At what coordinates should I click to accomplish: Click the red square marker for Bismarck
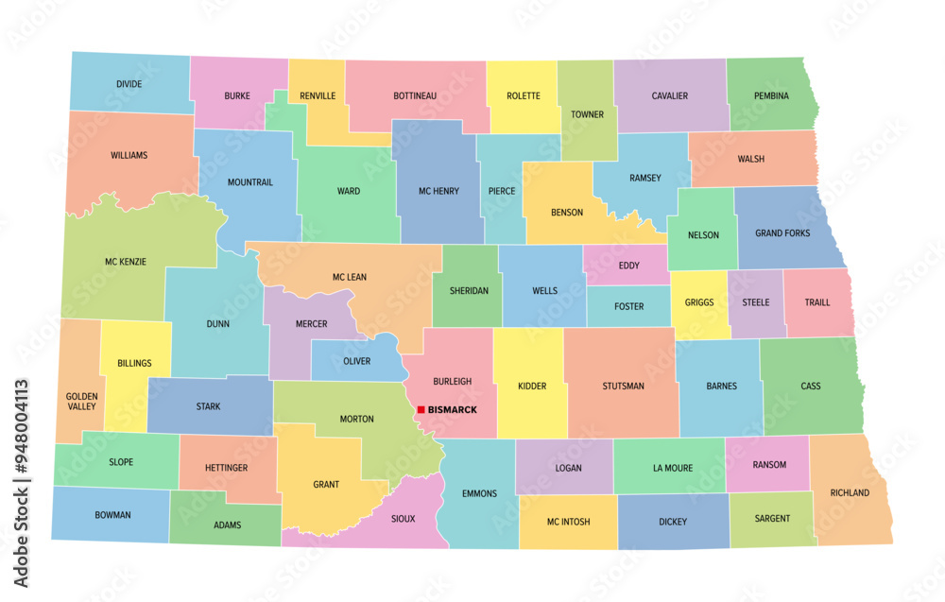pos(421,410)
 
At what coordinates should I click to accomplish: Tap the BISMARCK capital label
pos(452,410)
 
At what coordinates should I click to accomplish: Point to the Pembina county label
pos(772,95)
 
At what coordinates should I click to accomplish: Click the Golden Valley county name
pos(80,401)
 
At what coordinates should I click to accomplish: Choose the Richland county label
pos(850,492)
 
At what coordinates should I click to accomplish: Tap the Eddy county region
pos(628,266)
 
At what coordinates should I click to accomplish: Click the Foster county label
pos(628,306)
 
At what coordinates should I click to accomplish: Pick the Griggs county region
pos(698,302)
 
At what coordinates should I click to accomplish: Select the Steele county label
pos(755,302)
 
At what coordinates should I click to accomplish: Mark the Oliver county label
pos(356,361)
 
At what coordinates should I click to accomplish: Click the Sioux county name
pos(402,519)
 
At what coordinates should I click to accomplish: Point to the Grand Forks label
pos(782,232)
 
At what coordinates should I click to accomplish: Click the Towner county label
pos(586,114)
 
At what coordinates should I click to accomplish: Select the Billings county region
pos(134,363)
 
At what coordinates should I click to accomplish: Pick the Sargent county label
pos(772,518)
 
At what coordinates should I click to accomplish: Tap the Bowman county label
pos(112,515)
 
